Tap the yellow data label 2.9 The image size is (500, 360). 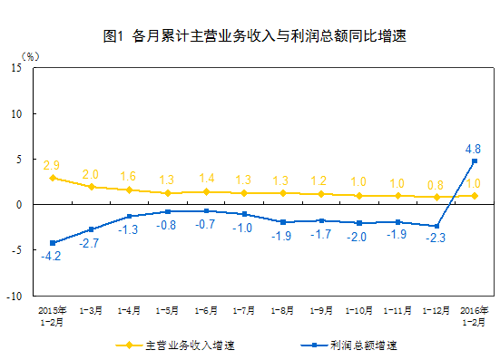(52, 165)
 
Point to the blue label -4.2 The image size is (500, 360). (51, 257)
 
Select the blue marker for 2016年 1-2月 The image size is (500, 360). (474, 161)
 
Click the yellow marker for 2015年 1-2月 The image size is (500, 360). (52, 178)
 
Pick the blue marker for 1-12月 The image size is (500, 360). (436, 226)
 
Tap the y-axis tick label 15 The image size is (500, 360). (18, 68)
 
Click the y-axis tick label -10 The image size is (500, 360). (15, 296)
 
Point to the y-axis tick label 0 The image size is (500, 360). (21, 205)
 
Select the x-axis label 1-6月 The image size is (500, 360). (206, 310)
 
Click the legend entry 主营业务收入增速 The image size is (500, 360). (181, 345)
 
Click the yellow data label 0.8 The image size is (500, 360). (436, 184)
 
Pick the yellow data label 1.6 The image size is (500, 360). (128, 177)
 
